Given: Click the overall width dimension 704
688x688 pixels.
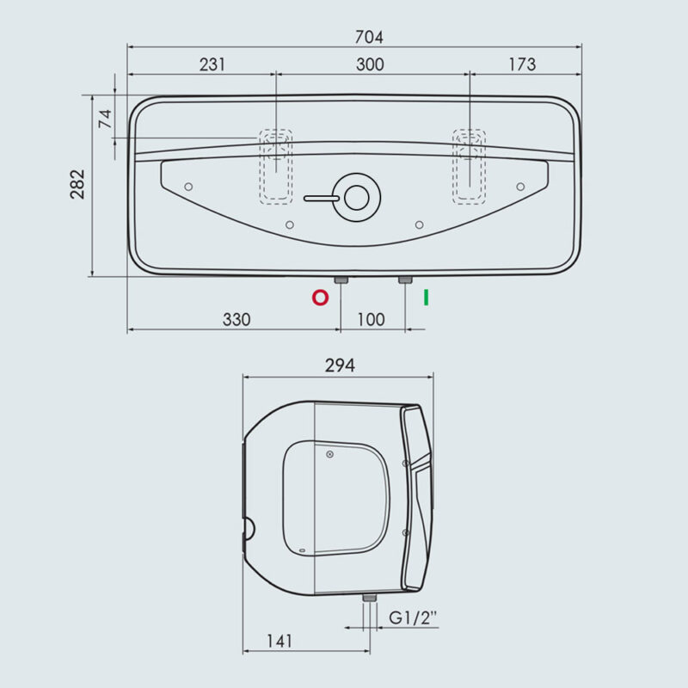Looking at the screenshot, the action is tap(369, 37).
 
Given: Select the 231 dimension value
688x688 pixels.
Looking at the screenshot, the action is tap(212, 64).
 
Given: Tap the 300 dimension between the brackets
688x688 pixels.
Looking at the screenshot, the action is tap(370, 64).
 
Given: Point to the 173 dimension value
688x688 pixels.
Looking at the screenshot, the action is tap(522, 64).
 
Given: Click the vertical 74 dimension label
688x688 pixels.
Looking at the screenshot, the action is tap(105, 119).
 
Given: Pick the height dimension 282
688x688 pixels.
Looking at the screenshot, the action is tap(77, 184).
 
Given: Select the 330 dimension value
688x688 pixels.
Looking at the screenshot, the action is tap(236, 319).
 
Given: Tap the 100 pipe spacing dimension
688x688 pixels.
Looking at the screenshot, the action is tap(371, 319).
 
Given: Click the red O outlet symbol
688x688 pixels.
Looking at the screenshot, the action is tap(320, 298).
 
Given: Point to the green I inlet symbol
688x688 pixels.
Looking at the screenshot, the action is tap(426, 298).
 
